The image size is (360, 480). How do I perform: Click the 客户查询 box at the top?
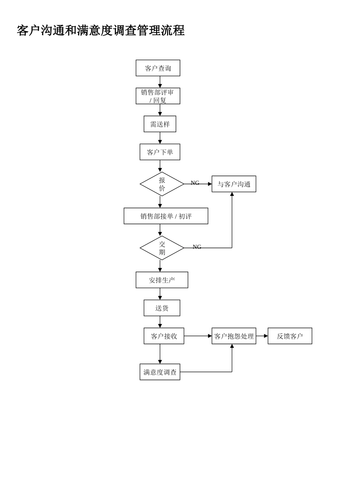(158, 68)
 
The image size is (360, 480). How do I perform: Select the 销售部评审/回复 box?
(158, 96)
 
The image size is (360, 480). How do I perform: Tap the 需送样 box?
(160, 124)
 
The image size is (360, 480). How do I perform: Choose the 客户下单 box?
(160, 152)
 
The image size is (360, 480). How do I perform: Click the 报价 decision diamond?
(162, 184)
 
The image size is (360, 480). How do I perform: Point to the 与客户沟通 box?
(233, 184)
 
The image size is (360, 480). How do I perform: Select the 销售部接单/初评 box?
(166, 216)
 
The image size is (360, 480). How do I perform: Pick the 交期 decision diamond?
(162, 248)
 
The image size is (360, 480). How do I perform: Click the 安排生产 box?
(162, 280)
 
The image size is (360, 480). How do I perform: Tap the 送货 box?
(162, 308)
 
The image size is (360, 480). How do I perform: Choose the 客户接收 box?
(164, 336)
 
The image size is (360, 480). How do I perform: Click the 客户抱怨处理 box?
(233, 336)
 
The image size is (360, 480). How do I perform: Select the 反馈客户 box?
(290, 336)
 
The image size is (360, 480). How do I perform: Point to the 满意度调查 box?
(160, 372)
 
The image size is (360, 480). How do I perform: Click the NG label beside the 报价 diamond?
(195, 183)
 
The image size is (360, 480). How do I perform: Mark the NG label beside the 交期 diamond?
(197, 247)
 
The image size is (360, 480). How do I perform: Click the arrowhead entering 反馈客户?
(266, 336)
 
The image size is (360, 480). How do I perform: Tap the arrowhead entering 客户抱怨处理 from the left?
(210, 336)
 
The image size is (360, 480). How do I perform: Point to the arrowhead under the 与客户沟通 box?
(232, 194)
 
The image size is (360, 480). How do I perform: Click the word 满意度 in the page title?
(95, 31)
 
